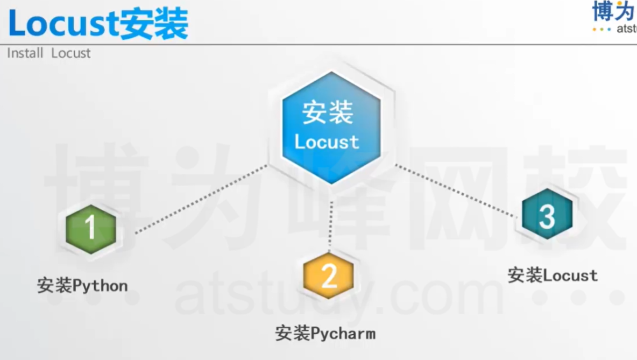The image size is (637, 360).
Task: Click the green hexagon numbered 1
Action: click(x=90, y=229)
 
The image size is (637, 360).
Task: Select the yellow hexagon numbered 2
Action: click(x=328, y=277)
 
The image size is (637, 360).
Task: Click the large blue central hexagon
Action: click(x=331, y=128)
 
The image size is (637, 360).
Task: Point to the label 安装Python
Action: click(x=82, y=285)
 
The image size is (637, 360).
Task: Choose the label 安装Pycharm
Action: click(x=325, y=333)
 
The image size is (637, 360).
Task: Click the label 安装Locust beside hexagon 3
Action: click(x=553, y=276)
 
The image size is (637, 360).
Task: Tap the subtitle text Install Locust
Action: click(x=48, y=53)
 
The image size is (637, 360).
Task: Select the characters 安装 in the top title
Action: click(x=153, y=24)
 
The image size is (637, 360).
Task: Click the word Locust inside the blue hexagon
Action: click(x=327, y=142)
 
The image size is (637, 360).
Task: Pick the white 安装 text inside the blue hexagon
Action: click(x=327, y=113)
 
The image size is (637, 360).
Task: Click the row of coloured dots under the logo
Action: click(x=601, y=29)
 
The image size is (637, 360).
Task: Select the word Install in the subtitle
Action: click(x=25, y=53)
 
